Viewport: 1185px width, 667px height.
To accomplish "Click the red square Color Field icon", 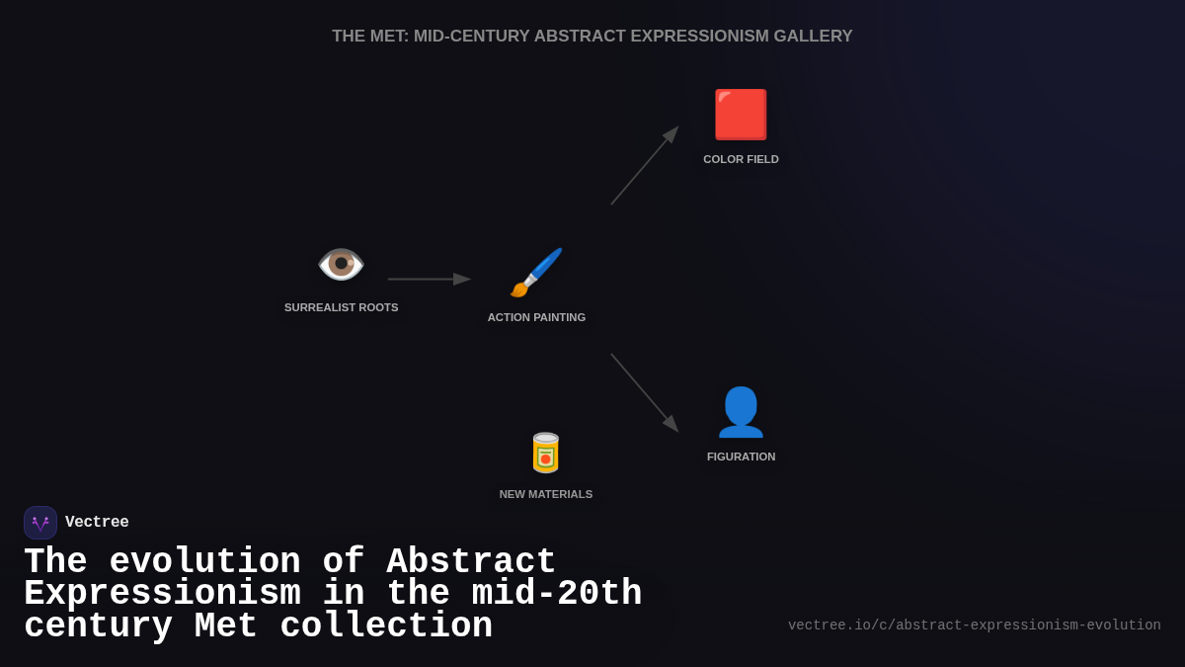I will pos(741,115).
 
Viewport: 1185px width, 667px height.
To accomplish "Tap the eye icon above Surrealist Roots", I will pos(341,264).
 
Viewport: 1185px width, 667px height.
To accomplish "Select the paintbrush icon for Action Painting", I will pos(536,273).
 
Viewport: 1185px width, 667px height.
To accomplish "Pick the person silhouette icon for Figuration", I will pos(741,412).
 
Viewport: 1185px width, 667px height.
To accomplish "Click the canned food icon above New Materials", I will pos(546,453).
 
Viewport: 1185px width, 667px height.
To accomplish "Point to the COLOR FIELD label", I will pos(741,159).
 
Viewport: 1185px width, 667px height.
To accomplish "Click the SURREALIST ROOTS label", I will pos(342,307).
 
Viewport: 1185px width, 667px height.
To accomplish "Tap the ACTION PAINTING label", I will pos(536,317).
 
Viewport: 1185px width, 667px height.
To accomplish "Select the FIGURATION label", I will pos(741,457).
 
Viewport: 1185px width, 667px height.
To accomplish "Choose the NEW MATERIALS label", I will pos(546,494).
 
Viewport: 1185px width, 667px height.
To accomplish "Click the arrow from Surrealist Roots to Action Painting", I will pos(429,279).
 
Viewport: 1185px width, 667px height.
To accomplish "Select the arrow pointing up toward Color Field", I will pos(644,166).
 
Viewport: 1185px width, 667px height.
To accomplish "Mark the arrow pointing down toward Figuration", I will pos(644,391).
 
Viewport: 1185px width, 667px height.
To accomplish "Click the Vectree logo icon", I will pos(40,523).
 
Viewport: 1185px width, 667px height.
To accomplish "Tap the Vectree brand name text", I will pos(97,523).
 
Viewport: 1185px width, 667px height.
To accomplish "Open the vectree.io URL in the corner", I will pos(974,625).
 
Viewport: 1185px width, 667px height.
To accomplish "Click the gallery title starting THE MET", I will pos(592,37).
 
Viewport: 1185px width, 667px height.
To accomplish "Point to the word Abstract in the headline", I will pos(471,562).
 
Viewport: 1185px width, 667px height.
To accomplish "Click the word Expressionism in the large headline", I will pos(162,594).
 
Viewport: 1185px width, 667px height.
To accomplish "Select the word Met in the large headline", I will pos(225,626).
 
